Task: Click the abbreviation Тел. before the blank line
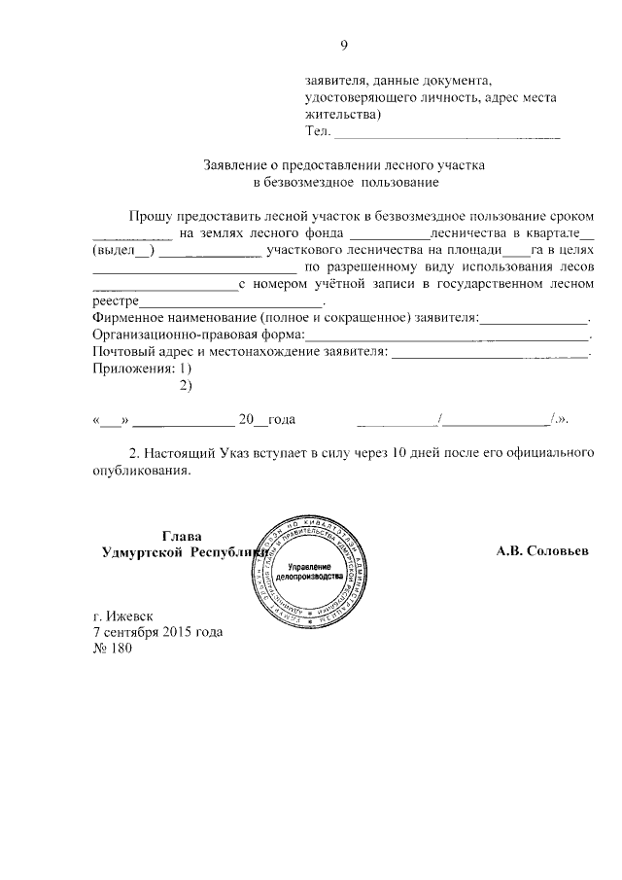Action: (318, 131)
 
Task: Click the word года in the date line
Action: (280, 420)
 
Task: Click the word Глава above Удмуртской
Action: (180, 534)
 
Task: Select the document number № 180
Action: (111, 649)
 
